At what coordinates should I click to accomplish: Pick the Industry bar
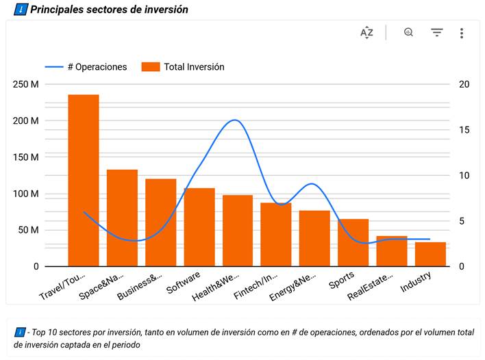point(430,254)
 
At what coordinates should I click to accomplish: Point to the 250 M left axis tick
point(25,84)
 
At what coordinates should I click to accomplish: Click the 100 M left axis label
point(25,194)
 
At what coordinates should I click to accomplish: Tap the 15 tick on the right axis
point(464,130)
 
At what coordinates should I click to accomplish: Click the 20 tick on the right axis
point(464,84)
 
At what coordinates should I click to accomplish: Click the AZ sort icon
point(367,32)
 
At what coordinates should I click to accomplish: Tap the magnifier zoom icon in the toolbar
point(408,32)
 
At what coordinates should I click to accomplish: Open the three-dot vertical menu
point(462,33)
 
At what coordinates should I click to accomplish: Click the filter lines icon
point(436,32)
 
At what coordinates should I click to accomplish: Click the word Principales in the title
point(59,10)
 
